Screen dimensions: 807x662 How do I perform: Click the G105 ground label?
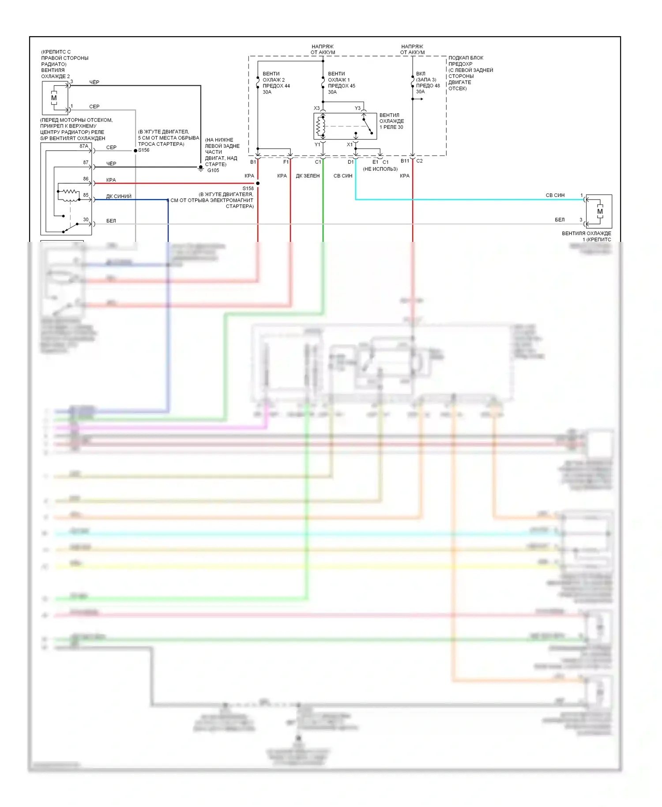[x=213, y=170]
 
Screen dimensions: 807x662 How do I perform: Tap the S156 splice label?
[x=144, y=150]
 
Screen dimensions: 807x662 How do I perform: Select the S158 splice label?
[x=248, y=189]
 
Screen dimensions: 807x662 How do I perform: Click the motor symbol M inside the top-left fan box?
[x=54, y=98]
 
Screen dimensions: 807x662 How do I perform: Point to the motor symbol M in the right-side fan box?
[x=600, y=211]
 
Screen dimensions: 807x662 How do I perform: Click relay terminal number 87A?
[x=84, y=146]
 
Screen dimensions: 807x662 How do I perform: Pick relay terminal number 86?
[x=86, y=179]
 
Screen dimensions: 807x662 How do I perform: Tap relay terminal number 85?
[x=86, y=195]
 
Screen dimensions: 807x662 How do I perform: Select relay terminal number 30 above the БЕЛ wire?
[x=86, y=219]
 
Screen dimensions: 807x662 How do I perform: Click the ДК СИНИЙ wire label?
[x=119, y=196]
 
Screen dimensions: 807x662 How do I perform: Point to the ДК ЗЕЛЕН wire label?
[x=308, y=176]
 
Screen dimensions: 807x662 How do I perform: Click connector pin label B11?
[x=405, y=161]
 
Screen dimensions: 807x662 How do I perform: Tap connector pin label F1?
[x=286, y=162]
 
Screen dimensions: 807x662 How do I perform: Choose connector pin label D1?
[x=350, y=162]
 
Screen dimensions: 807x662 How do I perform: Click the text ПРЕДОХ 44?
[x=276, y=86]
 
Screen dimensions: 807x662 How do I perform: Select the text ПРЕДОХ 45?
[x=342, y=86]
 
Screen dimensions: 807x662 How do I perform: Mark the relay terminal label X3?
[x=316, y=108]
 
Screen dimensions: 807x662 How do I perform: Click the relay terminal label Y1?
[x=317, y=145]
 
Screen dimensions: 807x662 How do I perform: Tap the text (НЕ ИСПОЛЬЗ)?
[x=380, y=169]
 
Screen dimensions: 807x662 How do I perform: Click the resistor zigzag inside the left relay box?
[x=69, y=192]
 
